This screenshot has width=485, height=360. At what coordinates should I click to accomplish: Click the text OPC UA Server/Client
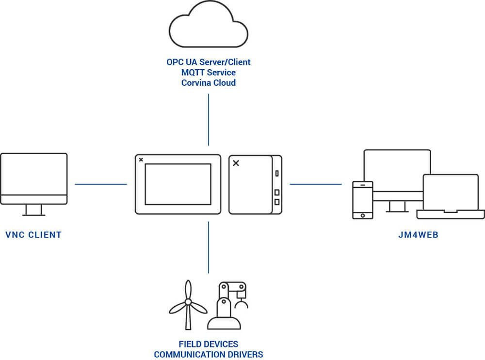tap(209, 62)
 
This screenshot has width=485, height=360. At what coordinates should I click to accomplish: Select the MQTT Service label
tap(209, 73)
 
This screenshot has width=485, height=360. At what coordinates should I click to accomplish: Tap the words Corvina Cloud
tap(209, 83)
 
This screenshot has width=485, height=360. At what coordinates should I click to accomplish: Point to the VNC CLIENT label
tap(33, 235)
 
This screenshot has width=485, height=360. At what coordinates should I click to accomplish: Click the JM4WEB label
tap(418, 235)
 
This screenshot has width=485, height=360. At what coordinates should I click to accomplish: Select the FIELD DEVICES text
tap(209, 344)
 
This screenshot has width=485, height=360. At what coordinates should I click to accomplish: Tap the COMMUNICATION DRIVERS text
tap(209, 354)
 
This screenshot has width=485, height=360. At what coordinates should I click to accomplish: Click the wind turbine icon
tap(188, 305)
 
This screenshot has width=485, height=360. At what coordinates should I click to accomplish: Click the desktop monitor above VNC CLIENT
tap(33, 179)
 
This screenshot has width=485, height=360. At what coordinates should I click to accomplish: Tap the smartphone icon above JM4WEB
tap(362, 200)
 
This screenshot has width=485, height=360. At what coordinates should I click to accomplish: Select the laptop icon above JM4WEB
tap(451, 196)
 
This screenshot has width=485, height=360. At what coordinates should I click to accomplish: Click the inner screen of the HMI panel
tap(178, 184)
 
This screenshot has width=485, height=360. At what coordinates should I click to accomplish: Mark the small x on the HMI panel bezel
tap(141, 159)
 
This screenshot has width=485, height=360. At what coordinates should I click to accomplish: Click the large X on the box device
tap(236, 163)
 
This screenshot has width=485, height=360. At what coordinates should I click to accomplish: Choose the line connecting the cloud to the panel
tap(209, 119)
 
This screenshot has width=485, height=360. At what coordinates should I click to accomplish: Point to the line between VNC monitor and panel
tap(100, 184)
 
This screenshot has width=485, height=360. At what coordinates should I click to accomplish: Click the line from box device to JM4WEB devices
tap(316, 184)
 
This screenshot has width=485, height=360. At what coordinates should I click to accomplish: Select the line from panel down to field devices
tap(209, 247)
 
